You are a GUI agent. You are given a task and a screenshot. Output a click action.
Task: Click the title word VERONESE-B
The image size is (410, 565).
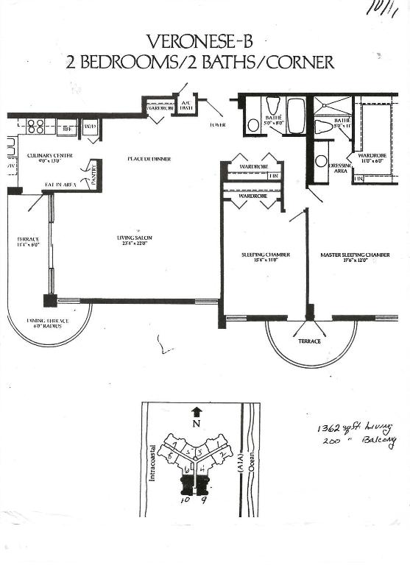[205, 40]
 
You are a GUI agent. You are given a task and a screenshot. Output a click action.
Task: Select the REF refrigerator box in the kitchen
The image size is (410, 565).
[67, 127]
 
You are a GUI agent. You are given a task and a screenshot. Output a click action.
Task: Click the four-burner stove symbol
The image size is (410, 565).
[36, 126]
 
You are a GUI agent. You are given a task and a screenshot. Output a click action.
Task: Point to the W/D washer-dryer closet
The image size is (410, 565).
[90, 127]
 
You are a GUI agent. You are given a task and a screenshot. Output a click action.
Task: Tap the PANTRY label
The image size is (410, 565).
[93, 174]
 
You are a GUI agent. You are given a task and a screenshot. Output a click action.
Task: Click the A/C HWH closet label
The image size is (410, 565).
[186, 105]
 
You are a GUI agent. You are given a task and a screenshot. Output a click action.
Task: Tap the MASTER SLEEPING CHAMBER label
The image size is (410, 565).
[355, 255]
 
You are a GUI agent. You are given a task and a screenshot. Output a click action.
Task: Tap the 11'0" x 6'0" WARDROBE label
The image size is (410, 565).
[372, 158]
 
